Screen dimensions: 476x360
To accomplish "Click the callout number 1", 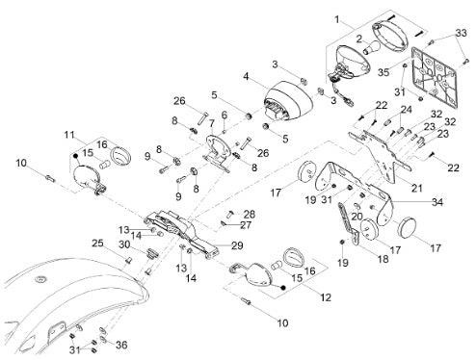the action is click(x=337, y=20).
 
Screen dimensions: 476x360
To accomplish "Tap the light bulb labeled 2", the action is click(x=372, y=47).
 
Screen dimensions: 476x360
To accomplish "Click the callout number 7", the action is click(x=211, y=123).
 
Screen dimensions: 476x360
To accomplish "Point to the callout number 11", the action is click(x=69, y=135).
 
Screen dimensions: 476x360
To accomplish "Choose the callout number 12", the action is click(x=326, y=297).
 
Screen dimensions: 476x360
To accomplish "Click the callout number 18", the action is click(x=383, y=259).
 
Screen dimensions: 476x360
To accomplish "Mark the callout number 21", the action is click(x=416, y=188).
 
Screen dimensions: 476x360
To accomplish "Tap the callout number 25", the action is click(x=97, y=244).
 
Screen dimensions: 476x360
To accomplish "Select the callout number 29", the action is click(x=237, y=245).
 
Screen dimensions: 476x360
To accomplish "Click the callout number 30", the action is click(x=124, y=244).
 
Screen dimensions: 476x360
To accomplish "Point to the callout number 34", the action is click(x=437, y=202).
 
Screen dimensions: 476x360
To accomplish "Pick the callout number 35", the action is click(x=383, y=72).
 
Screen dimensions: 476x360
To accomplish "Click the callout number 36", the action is click(x=121, y=345).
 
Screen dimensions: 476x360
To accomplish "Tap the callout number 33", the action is click(x=462, y=33).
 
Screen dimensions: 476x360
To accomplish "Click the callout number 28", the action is click(x=250, y=214).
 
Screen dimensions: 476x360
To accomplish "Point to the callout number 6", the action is click(x=224, y=115).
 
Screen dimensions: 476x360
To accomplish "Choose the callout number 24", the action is click(x=406, y=110).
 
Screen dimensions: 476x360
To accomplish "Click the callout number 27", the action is click(x=246, y=225).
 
